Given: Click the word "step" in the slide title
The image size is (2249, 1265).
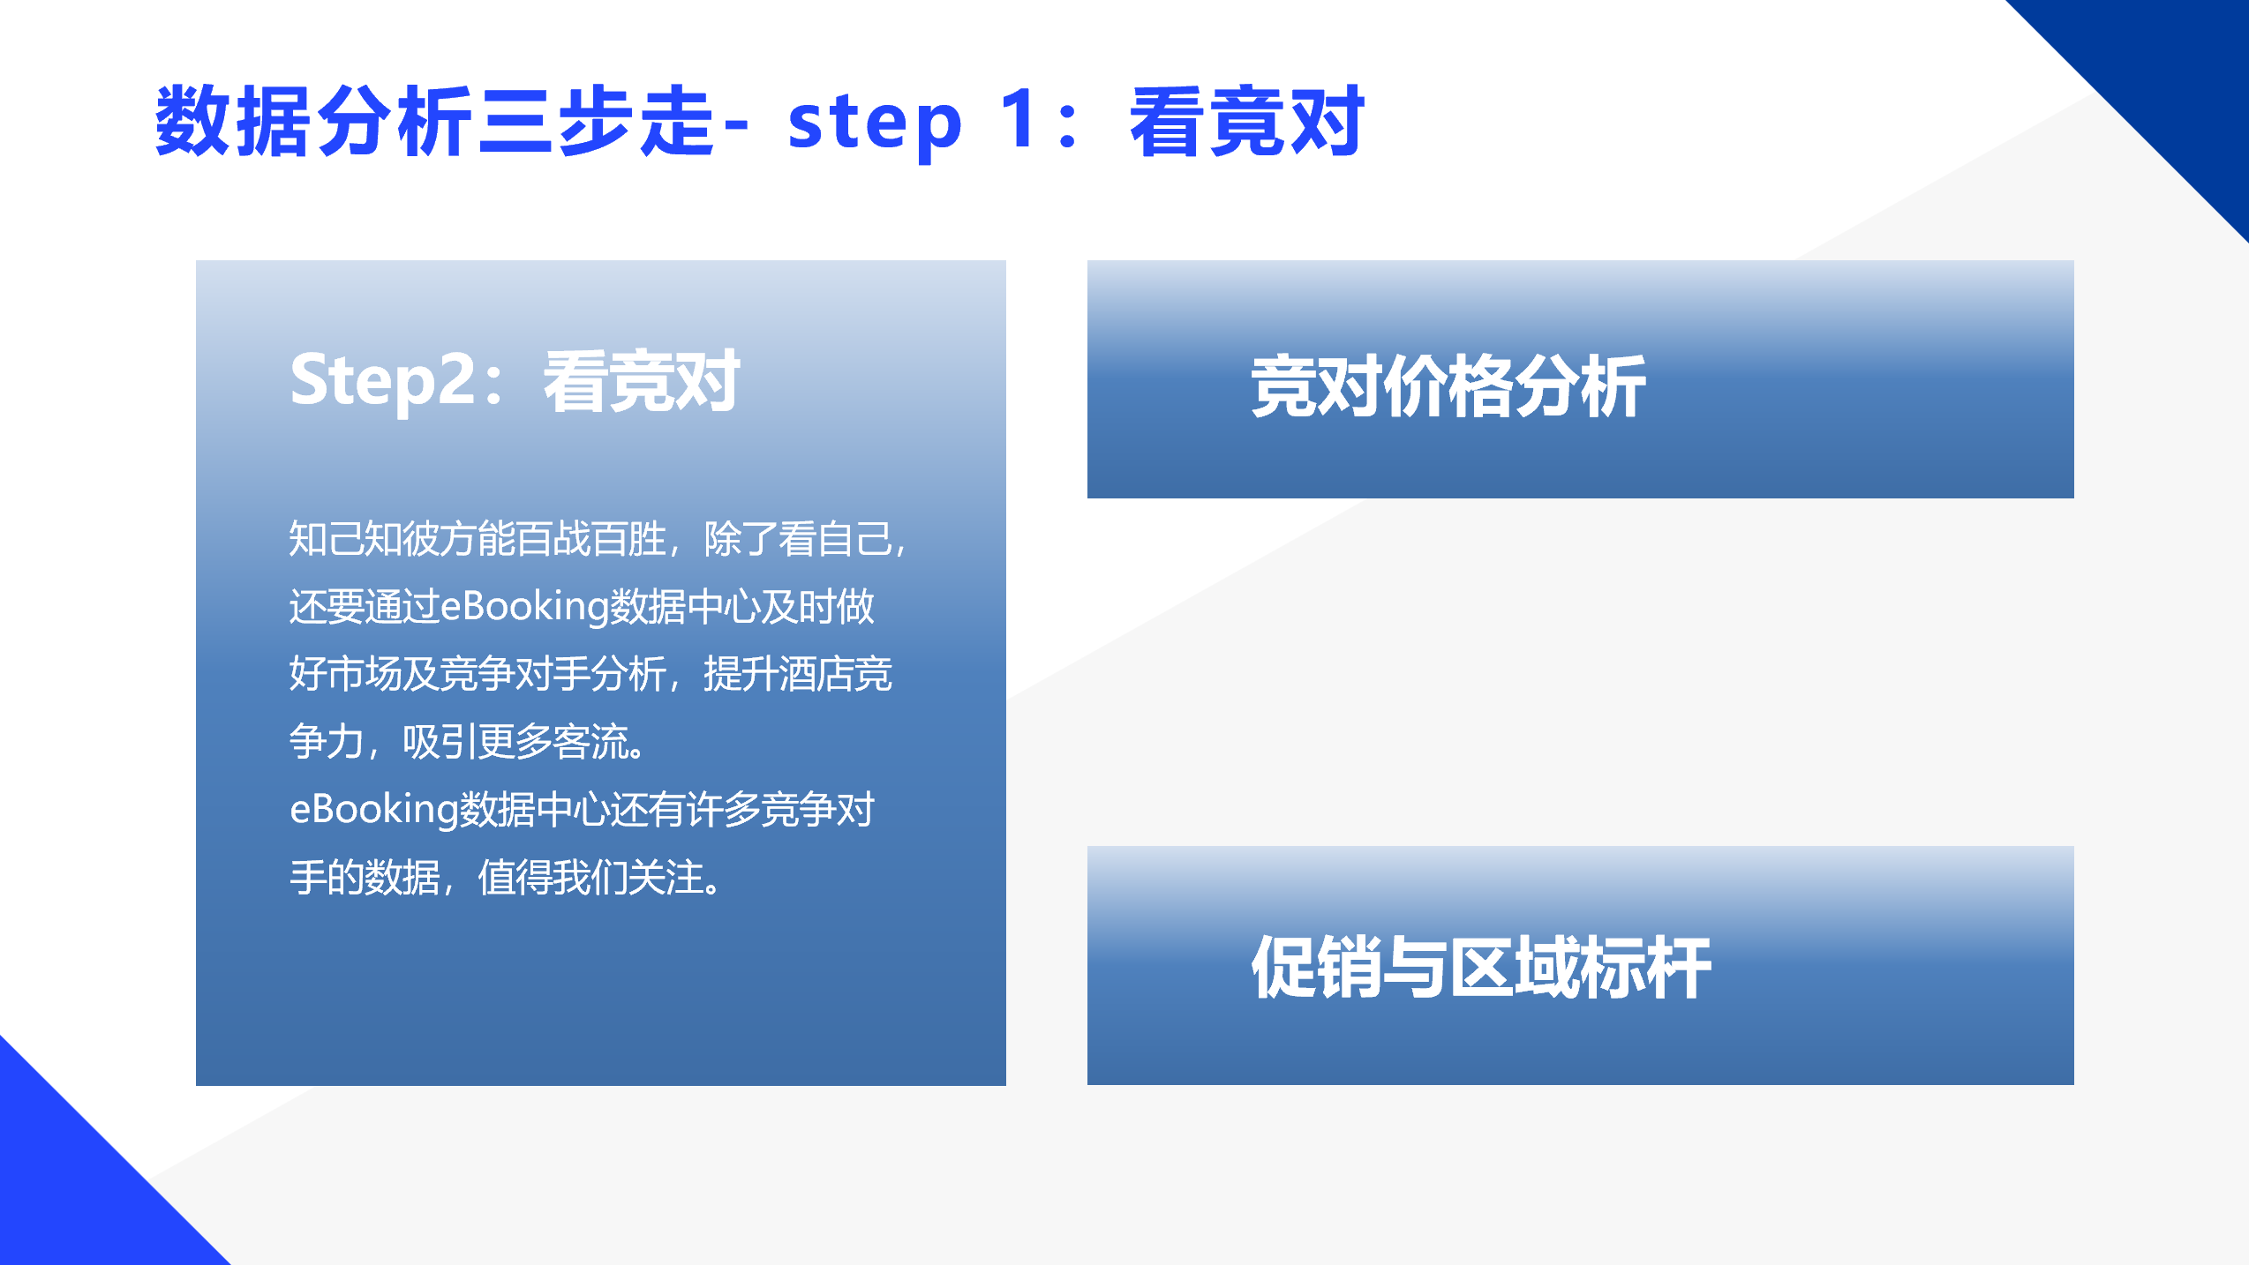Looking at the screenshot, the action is [875, 124].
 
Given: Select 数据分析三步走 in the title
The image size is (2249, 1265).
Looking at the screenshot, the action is [434, 121].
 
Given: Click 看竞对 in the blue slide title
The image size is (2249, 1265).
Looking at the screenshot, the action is [1247, 121].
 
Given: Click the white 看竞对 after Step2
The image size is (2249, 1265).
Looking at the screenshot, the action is [642, 380].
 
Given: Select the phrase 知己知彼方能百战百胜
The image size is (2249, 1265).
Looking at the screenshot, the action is [478, 538].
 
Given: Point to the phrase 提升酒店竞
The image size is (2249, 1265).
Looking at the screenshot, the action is [798, 674].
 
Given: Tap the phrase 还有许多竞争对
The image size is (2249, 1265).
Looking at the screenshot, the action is [742, 810].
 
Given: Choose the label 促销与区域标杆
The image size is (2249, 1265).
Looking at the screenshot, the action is [1481, 967].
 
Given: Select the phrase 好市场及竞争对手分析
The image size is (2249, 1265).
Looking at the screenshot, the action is [478, 674].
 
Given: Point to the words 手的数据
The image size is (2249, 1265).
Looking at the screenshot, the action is [365, 877].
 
